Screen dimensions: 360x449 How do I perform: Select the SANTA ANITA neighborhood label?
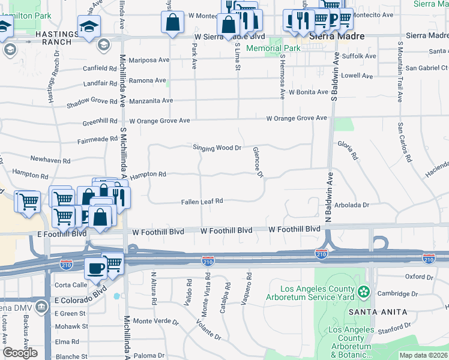pos(377,312)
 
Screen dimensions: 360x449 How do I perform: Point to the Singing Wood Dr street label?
pos(217,148)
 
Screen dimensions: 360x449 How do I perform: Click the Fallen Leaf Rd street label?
pos(202,202)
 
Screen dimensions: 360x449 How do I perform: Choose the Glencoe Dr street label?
pos(258,162)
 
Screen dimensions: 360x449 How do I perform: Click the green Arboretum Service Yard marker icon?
pos(363,292)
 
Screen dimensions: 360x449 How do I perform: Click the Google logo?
pos(20,353)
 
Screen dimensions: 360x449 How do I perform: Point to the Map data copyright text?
pos(423,355)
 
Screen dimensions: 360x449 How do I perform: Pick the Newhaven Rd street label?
pos(50,161)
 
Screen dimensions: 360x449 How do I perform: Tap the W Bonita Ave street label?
pos(308,92)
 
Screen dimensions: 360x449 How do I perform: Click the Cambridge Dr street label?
pos(398,294)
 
